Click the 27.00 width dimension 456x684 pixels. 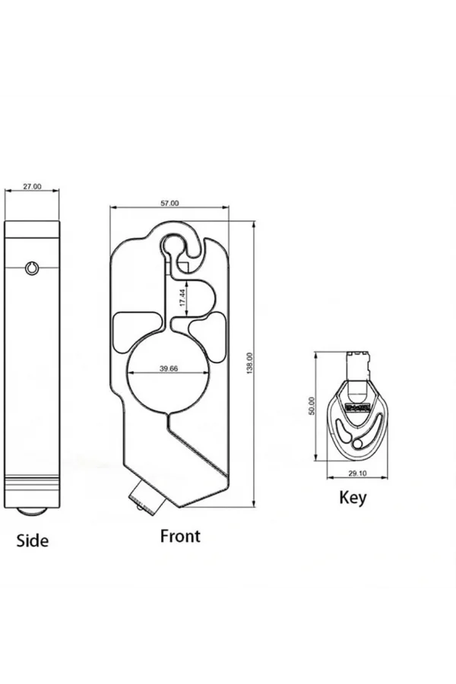(32, 186)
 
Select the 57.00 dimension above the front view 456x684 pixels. (169, 203)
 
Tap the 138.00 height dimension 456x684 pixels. (249, 363)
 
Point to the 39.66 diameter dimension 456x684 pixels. (169, 369)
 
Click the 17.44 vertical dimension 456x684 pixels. (183, 297)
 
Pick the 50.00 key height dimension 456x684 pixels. (312, 406)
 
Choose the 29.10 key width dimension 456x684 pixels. (357, 473)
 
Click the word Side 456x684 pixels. (32, 540)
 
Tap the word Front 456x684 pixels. (180, 536)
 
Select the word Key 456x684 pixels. (353, 497)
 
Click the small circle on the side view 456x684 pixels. (32, 268)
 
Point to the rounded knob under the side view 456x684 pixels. (32, 512)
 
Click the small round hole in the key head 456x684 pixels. (357, 444)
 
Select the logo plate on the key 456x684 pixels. (358, 407)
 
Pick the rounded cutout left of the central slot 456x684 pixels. (136, 331)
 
